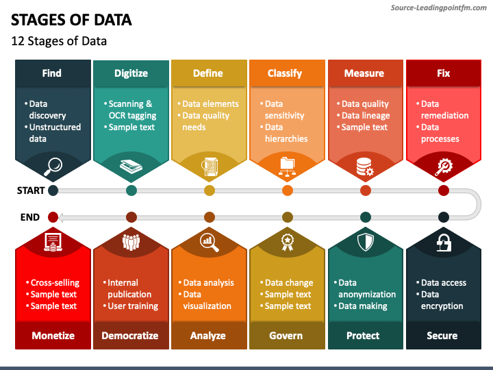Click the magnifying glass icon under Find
[53, 165]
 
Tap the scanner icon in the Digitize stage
[131, 166]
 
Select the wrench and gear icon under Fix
[444, 166]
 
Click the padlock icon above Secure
[444, 242]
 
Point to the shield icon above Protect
[366, 242]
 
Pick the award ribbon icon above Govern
[288, 241]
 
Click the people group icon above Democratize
[131, 241]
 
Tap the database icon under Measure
[365, 166]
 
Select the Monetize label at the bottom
[53, 336]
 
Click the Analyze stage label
[208, 336]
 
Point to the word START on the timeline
[31, 190]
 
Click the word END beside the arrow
[30, 217]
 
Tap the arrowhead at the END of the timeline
[60, 217]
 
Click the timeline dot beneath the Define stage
[210, 190]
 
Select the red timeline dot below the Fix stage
[444, 190]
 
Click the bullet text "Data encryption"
[442, 300]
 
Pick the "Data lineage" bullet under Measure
[365, 116]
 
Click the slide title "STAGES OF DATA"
[71, 20]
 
